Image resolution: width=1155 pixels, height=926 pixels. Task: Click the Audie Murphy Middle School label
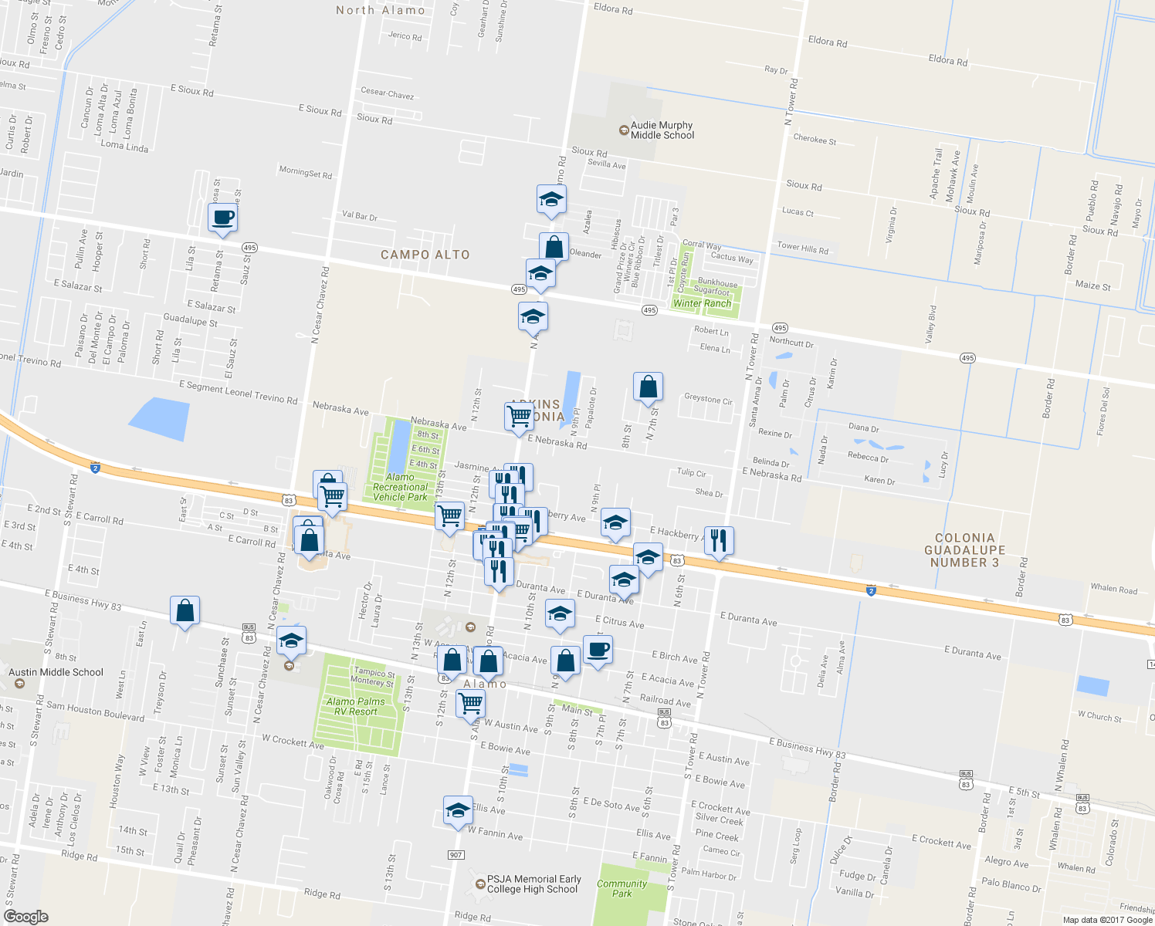[x=662, y=130]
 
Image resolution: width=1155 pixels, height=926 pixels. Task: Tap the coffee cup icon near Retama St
[x=222, y=218]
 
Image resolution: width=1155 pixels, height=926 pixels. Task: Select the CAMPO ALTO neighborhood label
[x=425, y=255]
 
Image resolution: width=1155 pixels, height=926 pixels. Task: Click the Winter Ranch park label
[x=702, y=303]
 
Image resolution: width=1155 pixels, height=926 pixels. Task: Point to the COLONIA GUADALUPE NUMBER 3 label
[x=964, y=550]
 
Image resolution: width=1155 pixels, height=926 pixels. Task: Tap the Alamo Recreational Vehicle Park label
[x=400, y=487]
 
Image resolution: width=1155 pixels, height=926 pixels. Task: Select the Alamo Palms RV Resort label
[x=355, y=706]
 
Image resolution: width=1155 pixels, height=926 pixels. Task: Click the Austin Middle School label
[x=56, y=672]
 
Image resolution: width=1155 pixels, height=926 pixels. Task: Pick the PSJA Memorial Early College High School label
[x=533, y=884]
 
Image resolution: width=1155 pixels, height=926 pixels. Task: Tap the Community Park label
[x=622, y=888]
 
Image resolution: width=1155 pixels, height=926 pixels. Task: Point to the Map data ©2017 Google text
[x=1107, y=919]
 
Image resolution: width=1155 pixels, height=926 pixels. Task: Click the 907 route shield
[x=456, y=855]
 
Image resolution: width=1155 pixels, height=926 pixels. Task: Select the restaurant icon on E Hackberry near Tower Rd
[x=719, y=540]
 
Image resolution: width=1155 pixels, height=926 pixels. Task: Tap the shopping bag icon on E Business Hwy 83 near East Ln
[x=185, y=610]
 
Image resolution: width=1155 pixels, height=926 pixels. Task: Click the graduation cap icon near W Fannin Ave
[x=458, y=810]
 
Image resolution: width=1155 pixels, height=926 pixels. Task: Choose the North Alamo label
[x=381, y=10]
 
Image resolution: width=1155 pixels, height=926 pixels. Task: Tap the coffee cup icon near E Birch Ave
[x=598, y=650]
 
